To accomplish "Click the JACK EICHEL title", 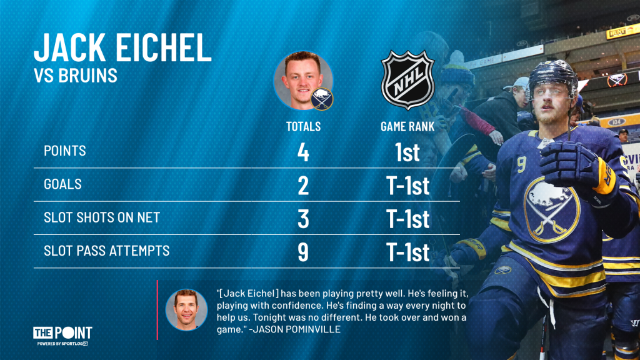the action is click(122, 47).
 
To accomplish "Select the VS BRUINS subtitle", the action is click(76, 76).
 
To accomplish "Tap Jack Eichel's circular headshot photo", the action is click(303, 81).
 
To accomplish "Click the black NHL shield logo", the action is click(407, 80).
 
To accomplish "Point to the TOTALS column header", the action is click(303, 126).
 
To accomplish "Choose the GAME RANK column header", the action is click(407, 126).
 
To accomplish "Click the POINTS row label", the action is click(65, 151).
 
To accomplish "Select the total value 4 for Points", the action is click(303, 152).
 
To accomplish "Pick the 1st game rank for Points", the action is click(407, 152).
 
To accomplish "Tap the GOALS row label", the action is click(62, 184).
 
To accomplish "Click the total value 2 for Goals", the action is click(303, 186).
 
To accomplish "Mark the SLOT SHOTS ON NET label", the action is click(102, 217).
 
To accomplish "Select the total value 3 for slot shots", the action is click(303, 219).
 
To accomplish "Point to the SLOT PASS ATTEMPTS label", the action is click(106, 251).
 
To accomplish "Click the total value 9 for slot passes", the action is click(303, 252).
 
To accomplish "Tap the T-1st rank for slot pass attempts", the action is click(407, 252).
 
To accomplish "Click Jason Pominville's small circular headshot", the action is click(186, 310).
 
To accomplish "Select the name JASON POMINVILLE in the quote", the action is click(297, 329).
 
